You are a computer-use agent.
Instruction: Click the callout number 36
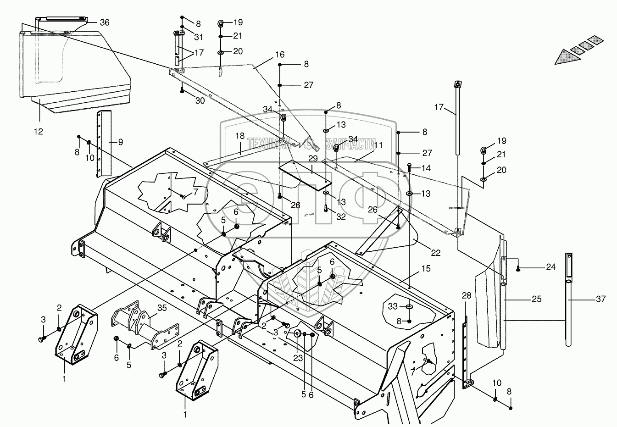pos(105,22)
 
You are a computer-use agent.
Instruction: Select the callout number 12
pos(38,132)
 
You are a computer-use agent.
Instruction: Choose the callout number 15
pos(426,269)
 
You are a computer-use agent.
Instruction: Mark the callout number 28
pos(467,296)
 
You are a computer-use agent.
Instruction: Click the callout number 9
pos(120,142)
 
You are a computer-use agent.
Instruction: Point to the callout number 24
pos(550,266)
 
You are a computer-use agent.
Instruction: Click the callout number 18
pos(240,137)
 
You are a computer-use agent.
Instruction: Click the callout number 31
pos(198,37)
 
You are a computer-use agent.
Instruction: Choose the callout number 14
pos(426,168)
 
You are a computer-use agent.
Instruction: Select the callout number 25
pos(537,299)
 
